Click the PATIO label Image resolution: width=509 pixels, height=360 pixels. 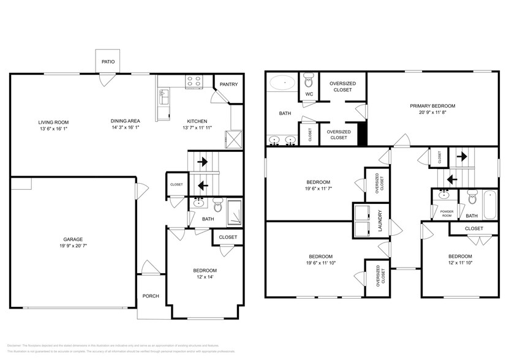tap(108, 62)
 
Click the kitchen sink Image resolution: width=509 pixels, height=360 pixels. tap(164, 95)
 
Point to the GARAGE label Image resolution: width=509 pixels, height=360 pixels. tap(73, 239)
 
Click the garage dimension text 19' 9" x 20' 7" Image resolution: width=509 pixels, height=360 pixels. tap(73, 247)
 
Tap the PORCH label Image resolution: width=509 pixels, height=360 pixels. tap(151, 296)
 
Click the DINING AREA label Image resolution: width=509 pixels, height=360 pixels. tap(126, 121)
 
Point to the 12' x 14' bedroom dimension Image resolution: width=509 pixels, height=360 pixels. tap(205, 277)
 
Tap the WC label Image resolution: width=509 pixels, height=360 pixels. tap(309, 94)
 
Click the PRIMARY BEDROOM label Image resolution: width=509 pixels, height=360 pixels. tap(432, 106)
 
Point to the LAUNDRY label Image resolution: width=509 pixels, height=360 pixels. tap(380, 220)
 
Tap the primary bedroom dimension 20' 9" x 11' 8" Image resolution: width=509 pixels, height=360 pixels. tap(432, 113)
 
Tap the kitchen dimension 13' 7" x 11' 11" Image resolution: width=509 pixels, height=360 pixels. tap(197, 128)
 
